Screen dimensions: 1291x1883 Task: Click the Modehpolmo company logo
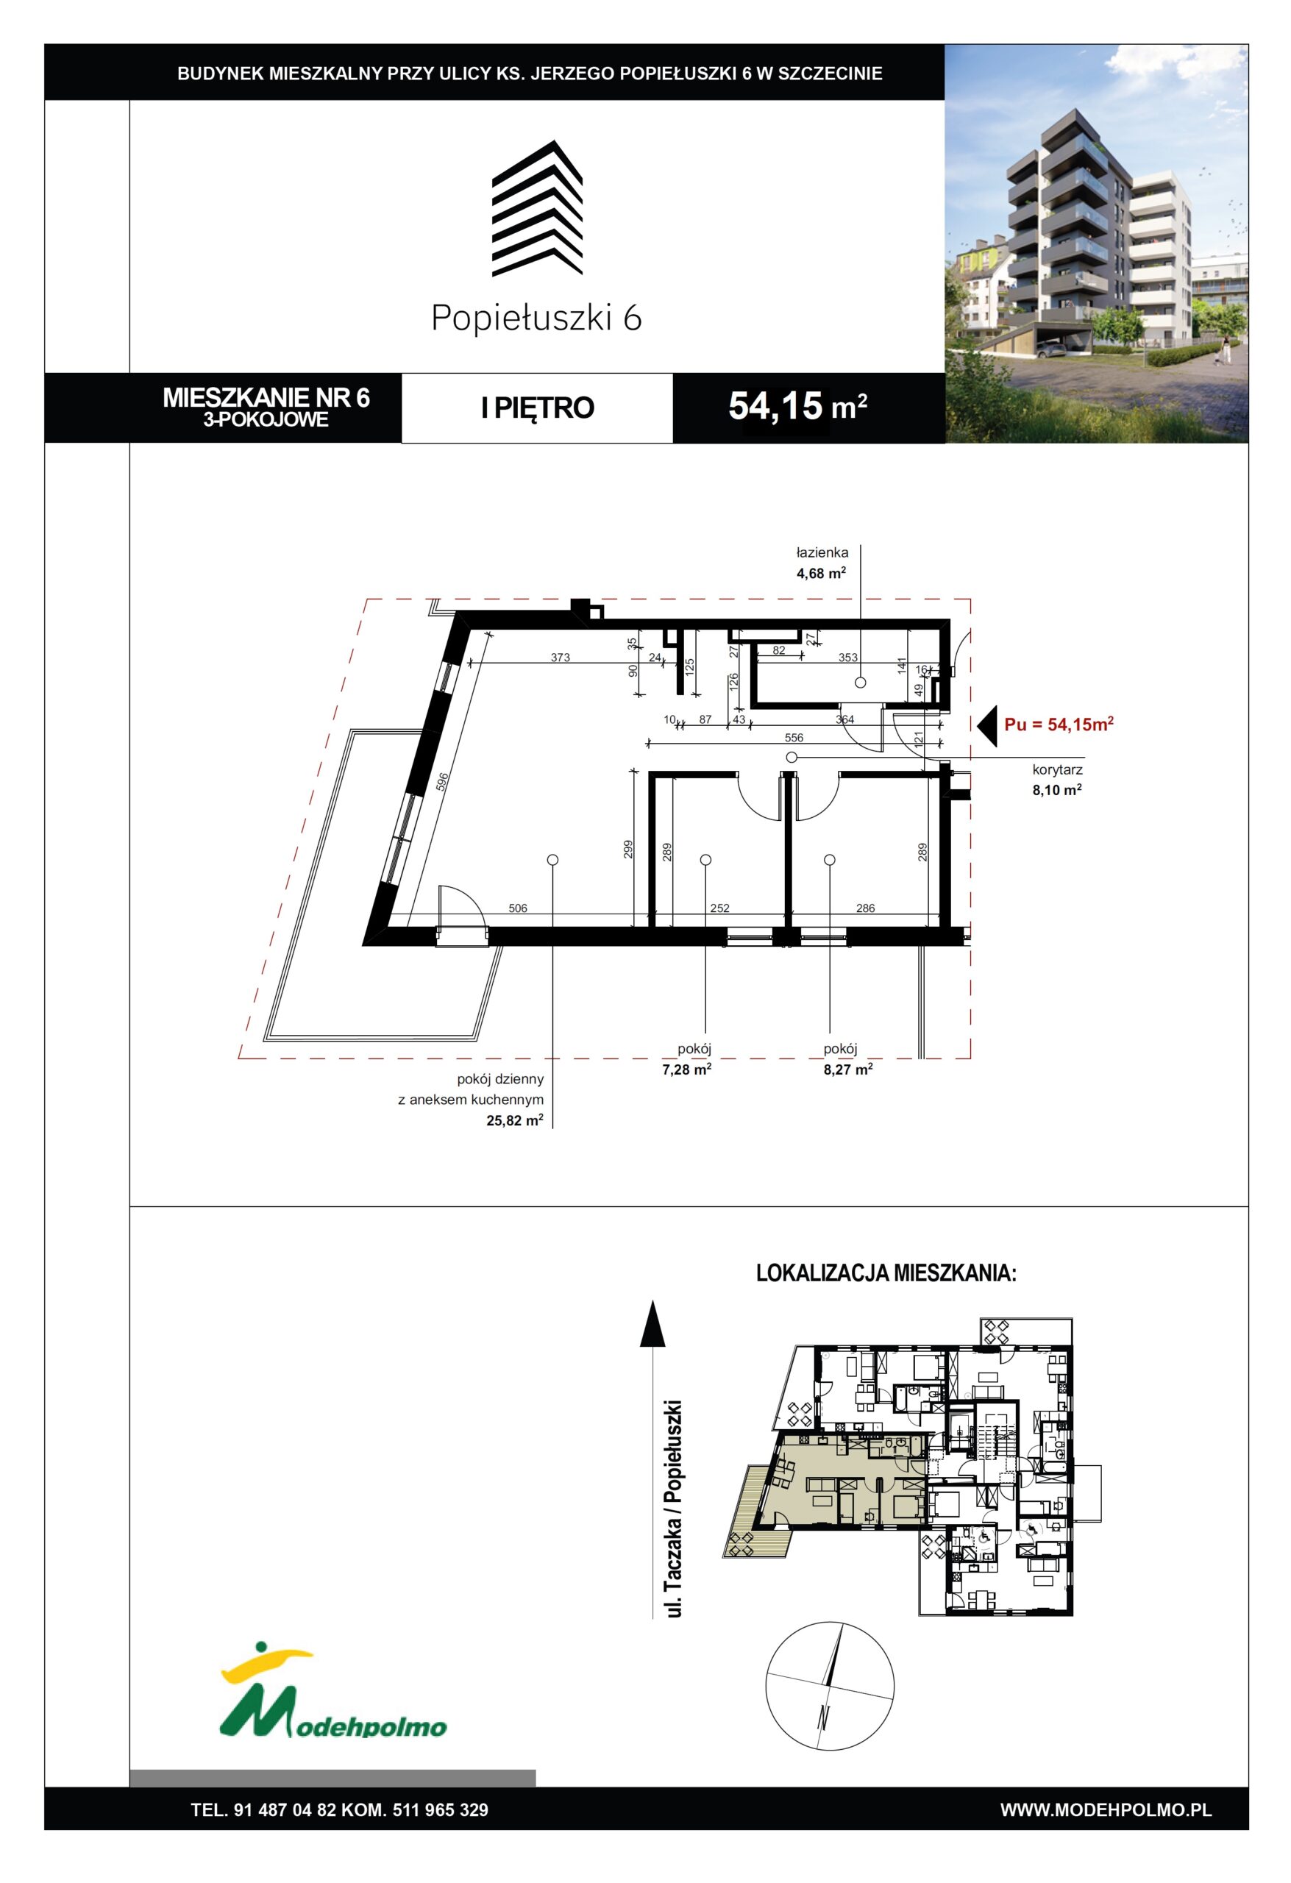click(333, 1707)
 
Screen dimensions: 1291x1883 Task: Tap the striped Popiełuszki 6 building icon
click(537, 207)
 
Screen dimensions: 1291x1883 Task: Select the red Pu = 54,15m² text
click(1059, 725)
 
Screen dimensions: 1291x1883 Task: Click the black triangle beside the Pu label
click(986, 726)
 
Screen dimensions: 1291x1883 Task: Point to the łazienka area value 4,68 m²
click(821, 573)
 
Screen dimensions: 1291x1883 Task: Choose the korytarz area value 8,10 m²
click(1057, 790)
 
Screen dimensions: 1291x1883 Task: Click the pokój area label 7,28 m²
click(686, 1069)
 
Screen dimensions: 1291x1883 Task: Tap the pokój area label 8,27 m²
click(847, 1069)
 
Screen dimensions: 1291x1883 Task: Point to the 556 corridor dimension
click(794, 737)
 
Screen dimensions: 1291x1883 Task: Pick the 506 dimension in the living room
click(518, 908)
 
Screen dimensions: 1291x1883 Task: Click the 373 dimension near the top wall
click(560, 657)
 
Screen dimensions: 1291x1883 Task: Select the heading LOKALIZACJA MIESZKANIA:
click(886, 1273)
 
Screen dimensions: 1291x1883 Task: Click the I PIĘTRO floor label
click(537, 407)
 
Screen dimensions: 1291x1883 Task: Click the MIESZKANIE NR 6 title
click(266, 398)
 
